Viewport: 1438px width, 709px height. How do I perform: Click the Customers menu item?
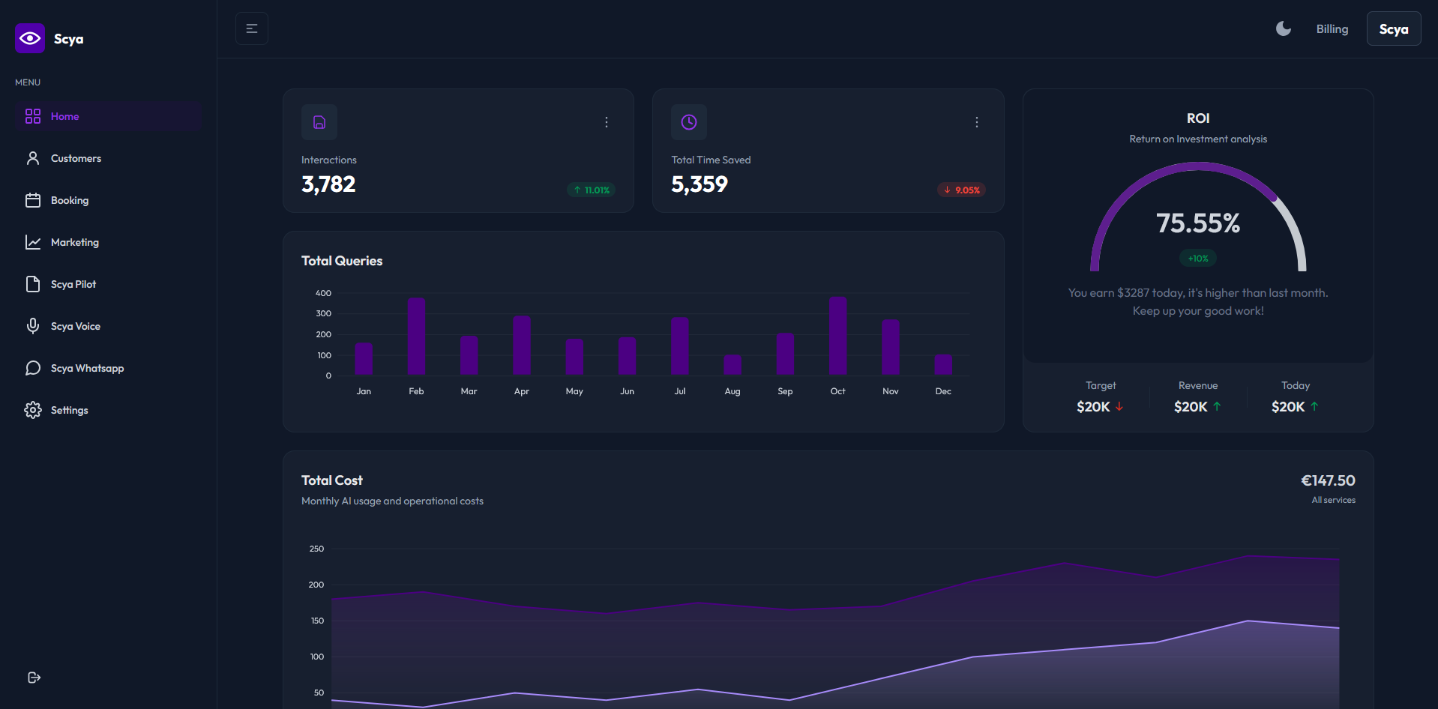click(75, 158)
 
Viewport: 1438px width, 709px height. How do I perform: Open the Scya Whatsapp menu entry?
click(86, 368)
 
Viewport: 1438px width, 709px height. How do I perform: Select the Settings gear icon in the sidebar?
click(33, 410)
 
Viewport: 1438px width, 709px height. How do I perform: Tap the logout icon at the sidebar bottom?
click(34, 678)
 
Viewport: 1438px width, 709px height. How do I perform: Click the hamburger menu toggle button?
click(252, 28)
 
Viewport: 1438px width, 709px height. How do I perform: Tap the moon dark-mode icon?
click(1284, 28)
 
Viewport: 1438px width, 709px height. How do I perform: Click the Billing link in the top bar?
click(1332, 29)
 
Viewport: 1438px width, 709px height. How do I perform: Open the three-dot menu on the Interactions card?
click(607, 122)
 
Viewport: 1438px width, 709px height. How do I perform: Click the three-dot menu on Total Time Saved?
click(976, 122)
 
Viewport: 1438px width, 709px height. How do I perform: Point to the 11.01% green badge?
click(592, 190)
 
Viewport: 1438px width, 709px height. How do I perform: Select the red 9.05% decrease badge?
click(961, 190)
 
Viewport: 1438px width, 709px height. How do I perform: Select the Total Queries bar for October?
click(837, 335)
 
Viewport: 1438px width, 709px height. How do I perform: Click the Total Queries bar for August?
click(732, 364)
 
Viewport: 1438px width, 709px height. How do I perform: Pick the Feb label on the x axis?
click(416, 391)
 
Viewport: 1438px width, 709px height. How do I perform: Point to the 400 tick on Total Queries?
click(323, 293)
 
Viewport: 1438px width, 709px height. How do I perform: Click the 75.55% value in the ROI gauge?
click(1197, 223)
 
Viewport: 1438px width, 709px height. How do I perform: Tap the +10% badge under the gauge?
click(1198, 259)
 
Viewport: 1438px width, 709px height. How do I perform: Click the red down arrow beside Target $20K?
click(1119, 406)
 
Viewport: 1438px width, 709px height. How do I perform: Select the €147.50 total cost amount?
click(1328, 480)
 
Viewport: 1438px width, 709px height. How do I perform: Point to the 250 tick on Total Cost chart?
click(316, 549)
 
